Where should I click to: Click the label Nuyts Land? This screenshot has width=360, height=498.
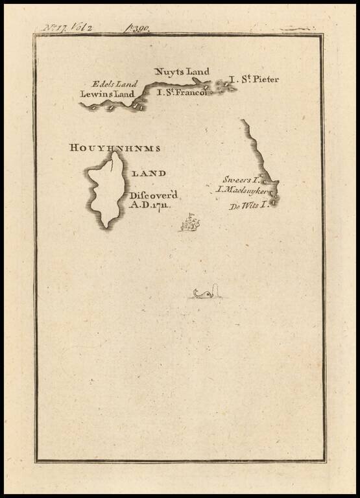(182, 71)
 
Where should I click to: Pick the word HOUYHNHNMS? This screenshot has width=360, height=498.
(114, 148)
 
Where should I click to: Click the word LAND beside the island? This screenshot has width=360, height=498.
(149, 173)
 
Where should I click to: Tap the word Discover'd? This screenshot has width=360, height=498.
(153, 195)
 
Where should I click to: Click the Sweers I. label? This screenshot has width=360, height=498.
(241, 179)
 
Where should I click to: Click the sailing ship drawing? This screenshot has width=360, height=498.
(190, 224)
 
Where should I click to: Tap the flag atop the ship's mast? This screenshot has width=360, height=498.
(191, 215)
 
